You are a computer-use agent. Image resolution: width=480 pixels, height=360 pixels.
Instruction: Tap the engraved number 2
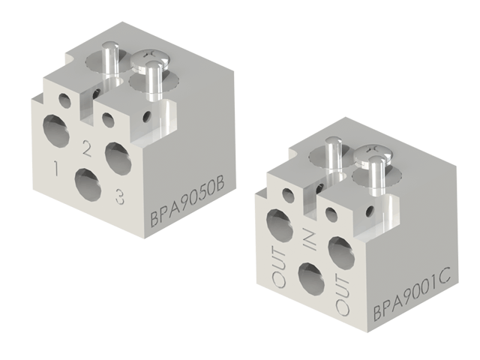click(86, 149)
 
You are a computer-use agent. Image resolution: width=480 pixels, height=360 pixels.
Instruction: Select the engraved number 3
click(118, 196)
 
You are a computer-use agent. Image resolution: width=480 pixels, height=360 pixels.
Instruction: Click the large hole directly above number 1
click(56, 131)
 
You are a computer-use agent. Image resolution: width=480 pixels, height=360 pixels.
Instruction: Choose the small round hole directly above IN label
click(329, 211)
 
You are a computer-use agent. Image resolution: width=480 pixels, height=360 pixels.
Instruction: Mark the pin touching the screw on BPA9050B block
click(154, 81)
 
